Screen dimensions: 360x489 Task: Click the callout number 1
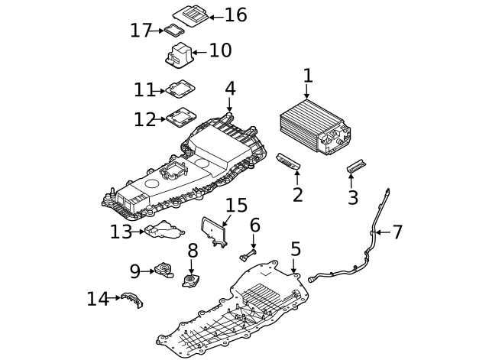307,76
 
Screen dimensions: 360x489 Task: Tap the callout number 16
235,15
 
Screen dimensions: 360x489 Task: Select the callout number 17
141,31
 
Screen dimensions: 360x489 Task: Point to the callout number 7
397,232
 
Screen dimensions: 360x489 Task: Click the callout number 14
98,299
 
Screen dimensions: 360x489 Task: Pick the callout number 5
296,249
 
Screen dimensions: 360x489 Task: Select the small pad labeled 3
357,166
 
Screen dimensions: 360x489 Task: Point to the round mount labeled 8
190,280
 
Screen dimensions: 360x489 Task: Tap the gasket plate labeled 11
179,89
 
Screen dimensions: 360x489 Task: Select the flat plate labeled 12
180,118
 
